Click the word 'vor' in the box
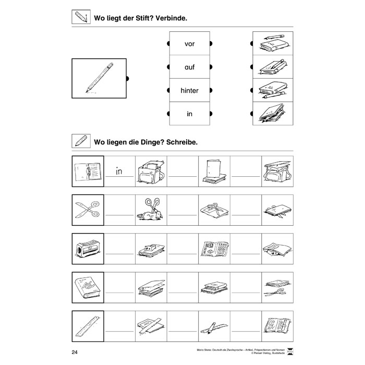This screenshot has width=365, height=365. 189,44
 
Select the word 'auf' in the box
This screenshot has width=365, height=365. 189,67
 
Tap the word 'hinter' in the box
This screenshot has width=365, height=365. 189,90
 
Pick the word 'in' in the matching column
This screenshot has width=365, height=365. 189,114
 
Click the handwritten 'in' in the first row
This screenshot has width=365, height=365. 119,171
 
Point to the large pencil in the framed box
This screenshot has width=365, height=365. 100,78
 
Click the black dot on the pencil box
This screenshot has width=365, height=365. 128,79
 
